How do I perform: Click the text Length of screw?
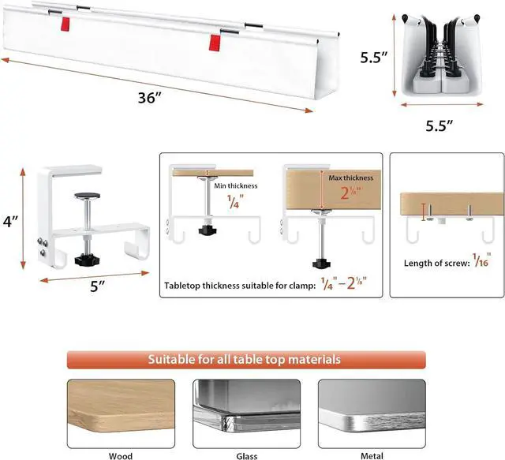[431, 263]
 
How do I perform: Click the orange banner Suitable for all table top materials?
[245, 359]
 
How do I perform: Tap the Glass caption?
[246, 454]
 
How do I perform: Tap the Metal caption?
[371, 454]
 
